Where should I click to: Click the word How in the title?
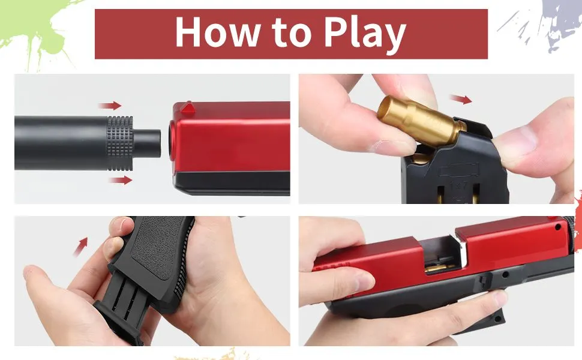coord(217,32)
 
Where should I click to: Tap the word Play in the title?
coord(365,35)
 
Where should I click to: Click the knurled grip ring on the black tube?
coord(120,143)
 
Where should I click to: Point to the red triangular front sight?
coord(188,107)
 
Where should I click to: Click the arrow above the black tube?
coord(110,106)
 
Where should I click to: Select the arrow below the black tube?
coord(120,181)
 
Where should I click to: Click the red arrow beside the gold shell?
coord(460,99)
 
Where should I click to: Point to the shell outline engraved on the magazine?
coord(459,170)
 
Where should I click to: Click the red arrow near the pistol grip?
coord(80,247)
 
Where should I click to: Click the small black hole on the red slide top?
coord(558,227)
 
